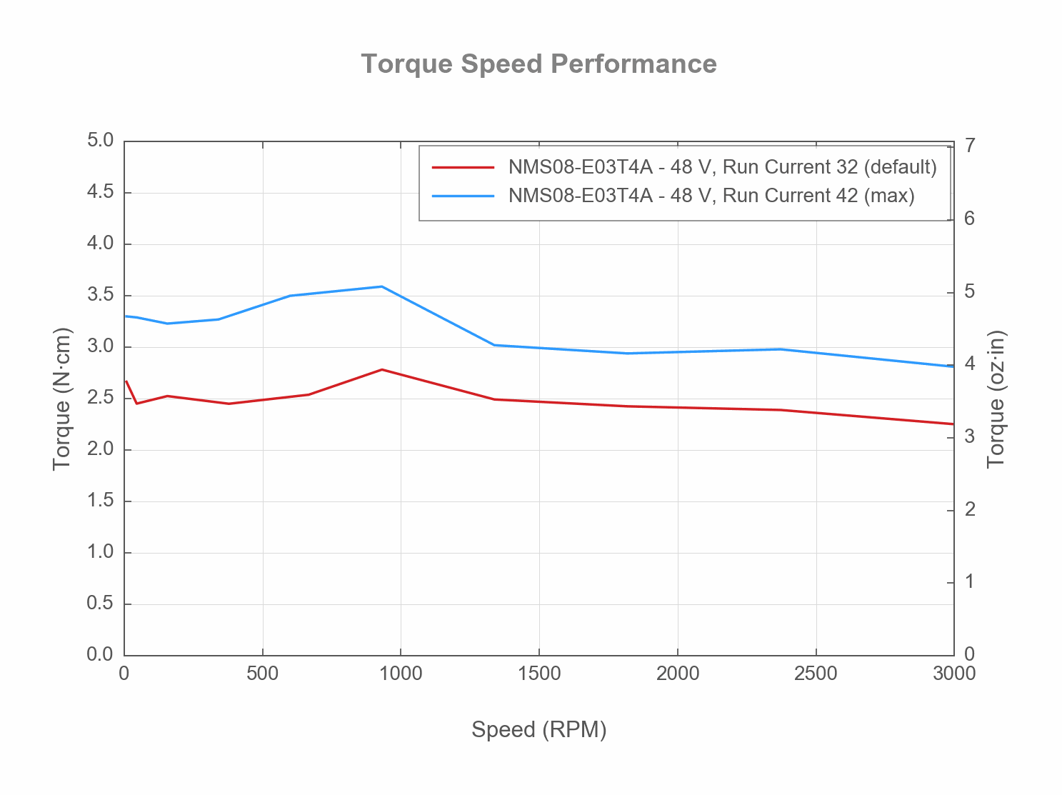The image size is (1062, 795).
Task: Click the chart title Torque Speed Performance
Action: pos(538,64)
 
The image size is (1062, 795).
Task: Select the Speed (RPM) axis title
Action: pos(538,729)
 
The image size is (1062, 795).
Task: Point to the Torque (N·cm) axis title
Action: pos(62,399)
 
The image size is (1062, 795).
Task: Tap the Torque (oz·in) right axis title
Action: pos(996,399)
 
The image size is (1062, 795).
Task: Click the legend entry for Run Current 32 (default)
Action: pos(722,167)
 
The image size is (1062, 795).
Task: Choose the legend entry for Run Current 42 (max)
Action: pos(711,196)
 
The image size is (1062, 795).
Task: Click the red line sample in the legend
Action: pos(463,167)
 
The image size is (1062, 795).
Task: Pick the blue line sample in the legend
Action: pos(463,196)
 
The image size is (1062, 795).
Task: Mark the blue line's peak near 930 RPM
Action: pos(381,286)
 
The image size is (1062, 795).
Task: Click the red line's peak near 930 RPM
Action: pos(381,369)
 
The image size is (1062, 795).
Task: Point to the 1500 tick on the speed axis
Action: pos(538,674)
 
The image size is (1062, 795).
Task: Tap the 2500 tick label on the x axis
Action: pos(816,674)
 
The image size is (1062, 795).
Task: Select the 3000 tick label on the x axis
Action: pos(953,674)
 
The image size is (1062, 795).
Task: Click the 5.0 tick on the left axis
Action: pos(100,141)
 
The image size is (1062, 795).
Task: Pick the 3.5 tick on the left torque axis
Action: pos(100,295)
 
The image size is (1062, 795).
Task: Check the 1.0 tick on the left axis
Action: pos(100,552)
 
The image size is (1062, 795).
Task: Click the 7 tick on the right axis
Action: pos(969,146)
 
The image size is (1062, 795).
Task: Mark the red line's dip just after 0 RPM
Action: pos(136,404)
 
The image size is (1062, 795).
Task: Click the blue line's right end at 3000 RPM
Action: pos(953,366)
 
